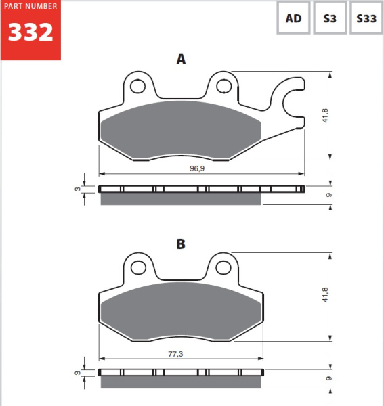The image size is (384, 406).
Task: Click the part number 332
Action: pos(30,32)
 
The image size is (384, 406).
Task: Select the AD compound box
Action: pos(293,18)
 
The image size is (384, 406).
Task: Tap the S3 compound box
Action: pos(330,18)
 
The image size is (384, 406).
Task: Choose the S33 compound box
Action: pos(366,18)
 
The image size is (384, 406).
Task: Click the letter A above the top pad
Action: pos(181,60)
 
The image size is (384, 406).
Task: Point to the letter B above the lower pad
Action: pos(181,244)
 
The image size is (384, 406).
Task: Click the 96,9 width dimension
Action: pos(197,168)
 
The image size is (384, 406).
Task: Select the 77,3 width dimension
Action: pos(175,354)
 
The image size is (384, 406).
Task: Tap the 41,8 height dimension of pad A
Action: pos(325,116)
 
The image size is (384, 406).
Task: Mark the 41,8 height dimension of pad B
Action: pos(325,294)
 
